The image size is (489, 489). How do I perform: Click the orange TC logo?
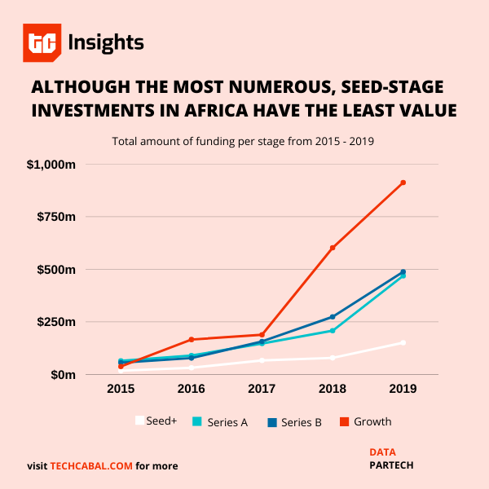tap(42, 43)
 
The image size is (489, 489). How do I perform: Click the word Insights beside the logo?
tap(106, 42)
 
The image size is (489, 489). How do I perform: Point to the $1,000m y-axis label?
tap(51, 165)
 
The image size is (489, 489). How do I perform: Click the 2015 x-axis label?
tap(121, 390)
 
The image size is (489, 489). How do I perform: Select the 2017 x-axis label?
tap(262, 390)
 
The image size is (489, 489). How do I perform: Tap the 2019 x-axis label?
tap(403, 390)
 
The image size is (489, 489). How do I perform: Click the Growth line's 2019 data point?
tap(403, 183)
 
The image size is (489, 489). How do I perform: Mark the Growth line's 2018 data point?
tap(333, 248)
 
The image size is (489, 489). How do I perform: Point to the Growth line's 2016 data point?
tap(192, 339)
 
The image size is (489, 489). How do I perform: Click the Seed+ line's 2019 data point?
tap(403, 342)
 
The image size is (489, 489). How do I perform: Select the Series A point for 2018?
tap(333, 331)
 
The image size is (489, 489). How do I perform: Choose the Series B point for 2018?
tap(333, 316)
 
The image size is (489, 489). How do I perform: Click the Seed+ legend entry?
tap(156, 421)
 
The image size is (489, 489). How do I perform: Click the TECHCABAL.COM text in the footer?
tap(91, 466)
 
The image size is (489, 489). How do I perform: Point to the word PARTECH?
tap(391, 465)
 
